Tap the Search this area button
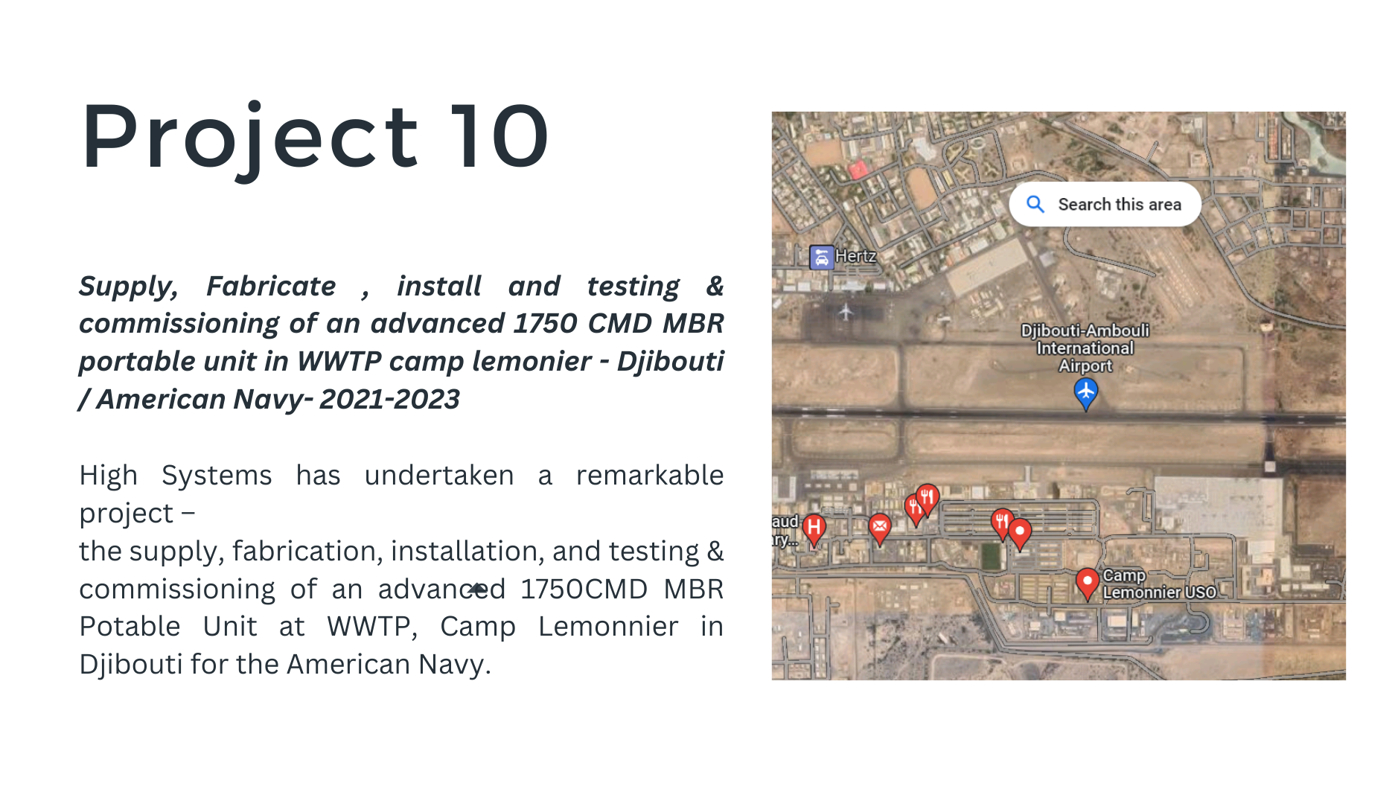coord(1105,204)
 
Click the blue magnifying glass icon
coord(1035,204)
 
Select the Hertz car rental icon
coord(821,257)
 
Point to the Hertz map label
coord(855,255)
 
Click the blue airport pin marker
coord(1085,393)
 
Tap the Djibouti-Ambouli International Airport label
coord(1085,348)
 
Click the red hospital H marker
coord(814,529)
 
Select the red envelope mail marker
coord(880,528)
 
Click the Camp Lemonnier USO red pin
coord(1088,583)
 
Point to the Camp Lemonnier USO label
coord(1159,584)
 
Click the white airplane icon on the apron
coord(846,311)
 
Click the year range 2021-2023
coord(389,399)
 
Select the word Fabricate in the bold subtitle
coord(271,286)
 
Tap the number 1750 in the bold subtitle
coord(546,323)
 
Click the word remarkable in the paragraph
coord(650,475)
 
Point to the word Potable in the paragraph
coord(130,626)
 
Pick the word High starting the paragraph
coord(109,476)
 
